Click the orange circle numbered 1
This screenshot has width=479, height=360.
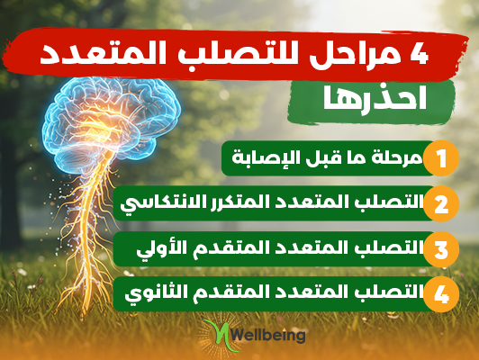pyautogui.click(x=441, y=158)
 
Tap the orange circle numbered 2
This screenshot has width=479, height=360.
pyautogui.click(x=441, y=203)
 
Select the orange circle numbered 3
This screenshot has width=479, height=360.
pyautogui.click(x=441, y=249)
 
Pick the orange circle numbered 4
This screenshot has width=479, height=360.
pyautogui.click(x=441, y=294)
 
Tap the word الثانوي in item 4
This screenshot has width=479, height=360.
pyautogui.click(x=151, y=292)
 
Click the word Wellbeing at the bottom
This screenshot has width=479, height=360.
pyautogui.click(x=267, y=335)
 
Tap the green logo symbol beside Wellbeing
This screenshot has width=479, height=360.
pyautogui.click(x=221, y=336)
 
